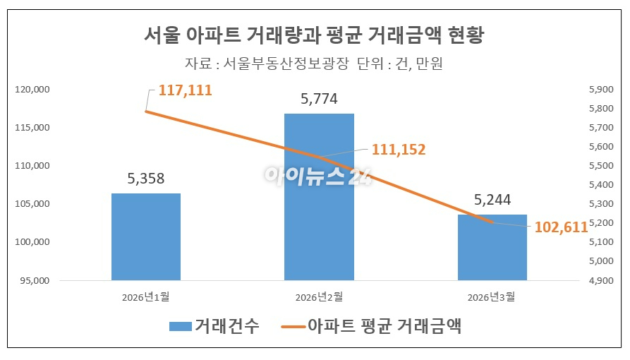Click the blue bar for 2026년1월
(x=145, y=236)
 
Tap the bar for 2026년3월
(x=492, y=247)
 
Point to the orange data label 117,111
(x=185, y=90)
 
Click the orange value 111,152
(x=399, y=150)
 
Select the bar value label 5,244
(x=491, y=200)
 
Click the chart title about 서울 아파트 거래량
(x=314, y=35)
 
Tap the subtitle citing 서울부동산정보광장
(x=314, y=64)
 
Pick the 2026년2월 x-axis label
(x=319, y=296)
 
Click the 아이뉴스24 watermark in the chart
(x=315, y=175)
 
